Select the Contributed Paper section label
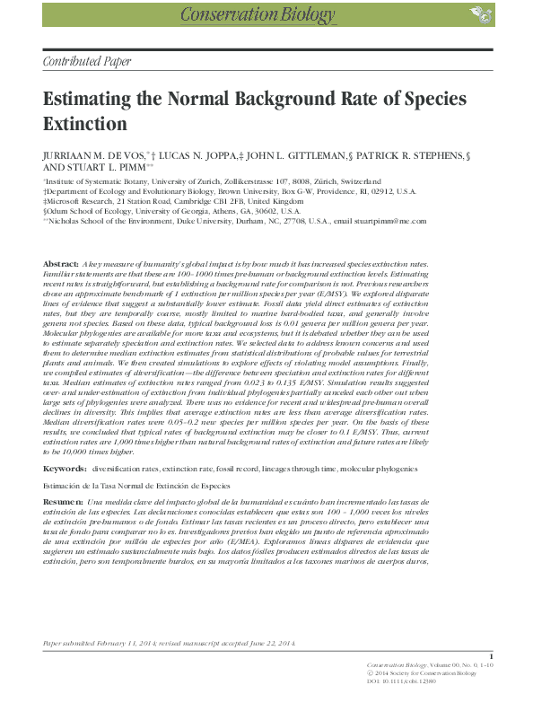87,61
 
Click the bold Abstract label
62,262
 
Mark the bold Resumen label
63,501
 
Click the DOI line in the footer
450,681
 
